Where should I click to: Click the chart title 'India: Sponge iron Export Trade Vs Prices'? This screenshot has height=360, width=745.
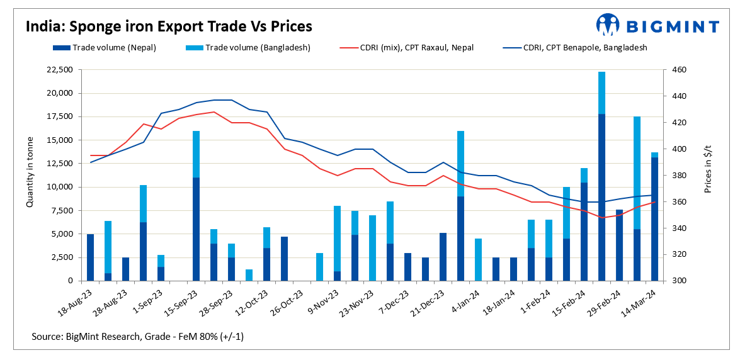coord(169,27)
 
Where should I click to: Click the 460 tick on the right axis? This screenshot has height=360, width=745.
coord(676,70)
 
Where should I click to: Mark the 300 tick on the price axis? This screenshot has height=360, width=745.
coord(676,281)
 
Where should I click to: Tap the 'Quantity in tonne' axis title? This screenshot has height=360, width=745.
coord(30,175)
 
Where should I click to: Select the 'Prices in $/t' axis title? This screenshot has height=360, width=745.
coord(709,175)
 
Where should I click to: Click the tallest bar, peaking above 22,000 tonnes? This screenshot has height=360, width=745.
coord(601,189)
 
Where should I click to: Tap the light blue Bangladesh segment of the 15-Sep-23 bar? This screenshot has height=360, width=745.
coord(196,154)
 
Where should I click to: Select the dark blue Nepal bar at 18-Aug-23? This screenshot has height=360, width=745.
coord(90,257)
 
